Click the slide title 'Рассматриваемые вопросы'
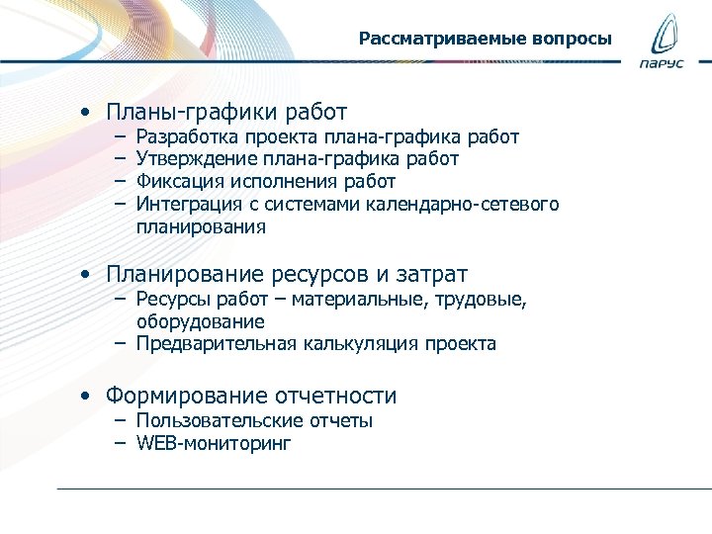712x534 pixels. coord(485,40)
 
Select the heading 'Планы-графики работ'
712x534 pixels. coord(226,113)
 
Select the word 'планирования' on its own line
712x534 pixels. coord(201,226)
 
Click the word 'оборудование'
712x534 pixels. coord(201,321)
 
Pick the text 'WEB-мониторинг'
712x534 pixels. coord(214,444)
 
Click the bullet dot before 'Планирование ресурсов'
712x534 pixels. coord(88,274)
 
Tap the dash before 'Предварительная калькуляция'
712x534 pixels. coord(119,344)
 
